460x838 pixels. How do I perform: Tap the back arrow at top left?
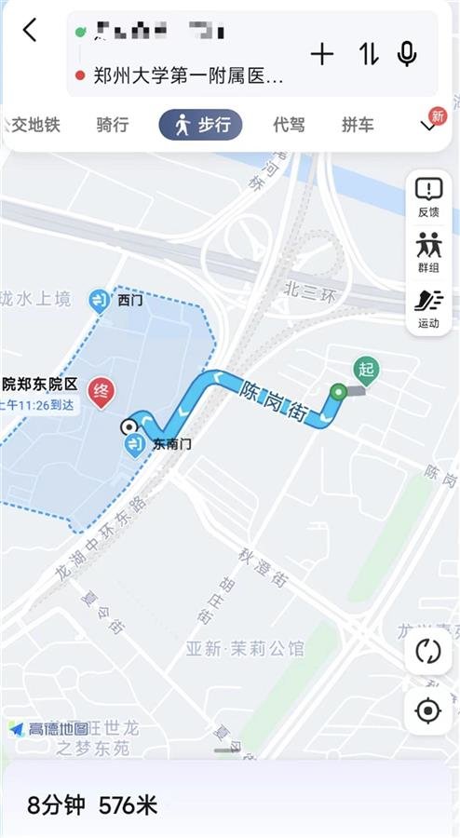(x=30, y=30)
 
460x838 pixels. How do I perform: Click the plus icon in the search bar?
(x=322, y=54)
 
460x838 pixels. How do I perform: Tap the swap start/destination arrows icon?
(x=369, y=54)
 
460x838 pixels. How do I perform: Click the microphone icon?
(x=407, y=54)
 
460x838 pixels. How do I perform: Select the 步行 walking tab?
(x=200, y=125)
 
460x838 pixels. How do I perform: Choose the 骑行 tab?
(x=113, y=125)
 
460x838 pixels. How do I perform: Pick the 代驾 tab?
(x=289, y=125)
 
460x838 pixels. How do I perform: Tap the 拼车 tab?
(x=358, y=125)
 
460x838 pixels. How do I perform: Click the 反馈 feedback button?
(x=428, y=196)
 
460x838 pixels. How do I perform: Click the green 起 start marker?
(x=366, y=370)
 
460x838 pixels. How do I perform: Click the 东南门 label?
(x=171, y=445)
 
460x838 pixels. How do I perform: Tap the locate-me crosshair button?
(x=428, y=711)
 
